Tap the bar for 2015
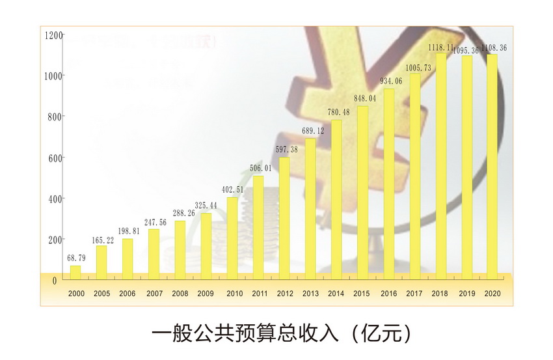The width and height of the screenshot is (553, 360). coord(362,190)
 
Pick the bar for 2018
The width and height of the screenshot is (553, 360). coord(441,163)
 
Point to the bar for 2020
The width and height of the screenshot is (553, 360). coord(492,165)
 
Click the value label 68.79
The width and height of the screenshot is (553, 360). coord(76,258)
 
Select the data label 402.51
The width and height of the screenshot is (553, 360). coord(232,190)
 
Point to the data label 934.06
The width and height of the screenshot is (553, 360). coord(389,81)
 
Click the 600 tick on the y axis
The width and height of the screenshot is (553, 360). coord(55,158)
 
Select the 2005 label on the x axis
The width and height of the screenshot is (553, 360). coord(101,294)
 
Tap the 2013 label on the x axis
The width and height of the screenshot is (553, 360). coord(310,294)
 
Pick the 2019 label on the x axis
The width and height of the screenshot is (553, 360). coord(467,294)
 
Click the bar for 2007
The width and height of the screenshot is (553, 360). coord(154,251)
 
